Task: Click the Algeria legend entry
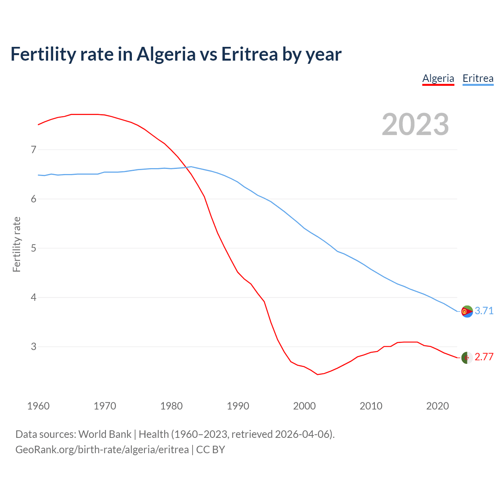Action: click(x=438, y=78)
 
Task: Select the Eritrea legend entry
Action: click(x=478, y=78)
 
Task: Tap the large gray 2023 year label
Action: click(x=415, y=124)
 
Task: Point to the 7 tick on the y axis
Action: click(x=33, y=150)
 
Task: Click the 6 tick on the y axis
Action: click(x=33, y=199)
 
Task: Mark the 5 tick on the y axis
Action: click(x=33, y=248)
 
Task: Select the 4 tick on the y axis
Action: click(x=33, y=297)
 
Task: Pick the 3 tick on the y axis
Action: click(x=33, y=346)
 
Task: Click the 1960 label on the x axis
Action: click(x=38, y=406)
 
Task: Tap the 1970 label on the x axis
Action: click(x=105, y=406)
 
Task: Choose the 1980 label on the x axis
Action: click(x=171, y=406)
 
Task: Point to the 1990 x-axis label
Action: click(x=238, y=406)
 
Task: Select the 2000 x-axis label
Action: click(x=304, y=406)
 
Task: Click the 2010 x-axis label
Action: click(x=371, y=406)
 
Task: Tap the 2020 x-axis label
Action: click(x=437, y=406)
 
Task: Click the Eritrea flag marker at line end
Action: click(x=467, y=311)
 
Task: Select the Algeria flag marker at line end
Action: click(x=467, y=358)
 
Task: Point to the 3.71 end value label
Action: click(x=484, y=311)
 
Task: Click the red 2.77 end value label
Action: click(x=484, y=357)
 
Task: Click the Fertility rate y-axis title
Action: click(x=17, y=244)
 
